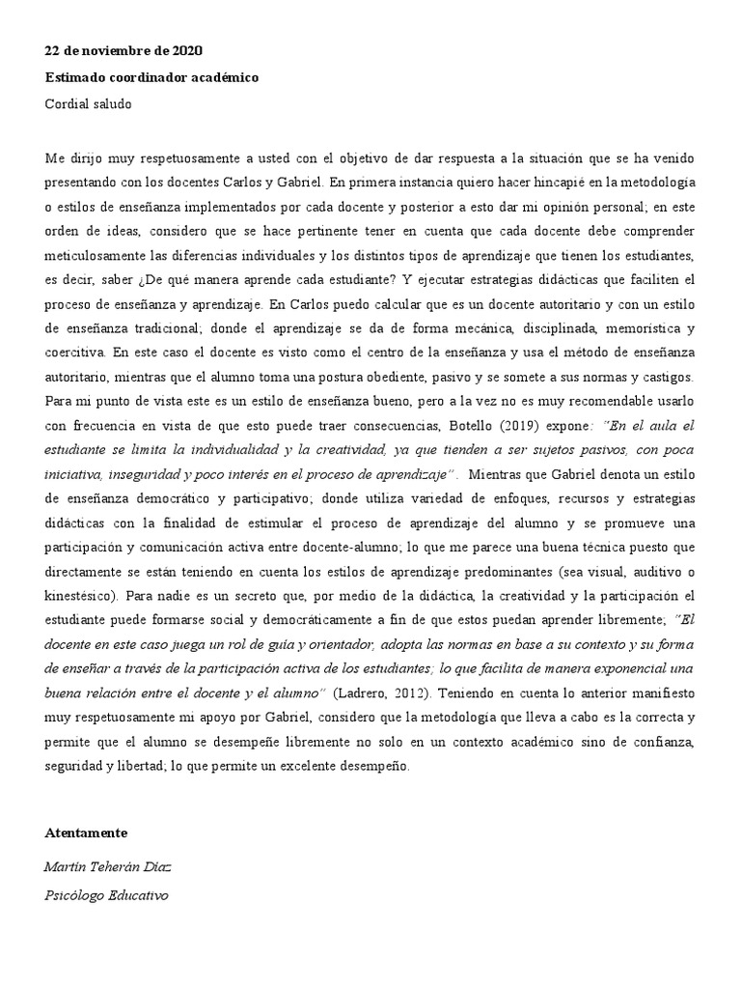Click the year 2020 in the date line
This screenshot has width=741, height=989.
click(187, 50)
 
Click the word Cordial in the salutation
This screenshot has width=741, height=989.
click(67, 104)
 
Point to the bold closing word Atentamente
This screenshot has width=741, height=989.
click(86, 833)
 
